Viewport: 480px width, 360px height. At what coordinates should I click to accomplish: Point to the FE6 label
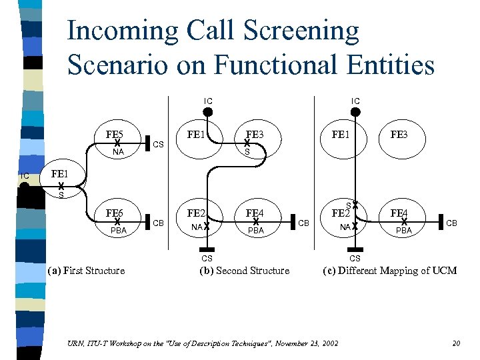pos(116,213)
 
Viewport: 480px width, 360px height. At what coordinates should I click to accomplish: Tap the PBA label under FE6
pos(118,231)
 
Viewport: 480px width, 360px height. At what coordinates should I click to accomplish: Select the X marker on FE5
pos(117,143)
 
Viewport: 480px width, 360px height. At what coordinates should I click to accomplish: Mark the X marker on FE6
pos(117,221)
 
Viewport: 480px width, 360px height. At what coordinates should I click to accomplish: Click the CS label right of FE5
pos(159,145)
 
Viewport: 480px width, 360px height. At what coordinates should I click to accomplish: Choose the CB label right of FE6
pos(159,223)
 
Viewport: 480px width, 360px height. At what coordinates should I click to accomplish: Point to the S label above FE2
pos(348,205)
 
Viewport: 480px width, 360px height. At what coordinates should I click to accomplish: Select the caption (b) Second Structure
pos(245,271)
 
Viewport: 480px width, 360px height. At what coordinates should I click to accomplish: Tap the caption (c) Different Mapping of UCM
pos(389,271)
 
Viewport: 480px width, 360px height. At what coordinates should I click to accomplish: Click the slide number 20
pos(456,343)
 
